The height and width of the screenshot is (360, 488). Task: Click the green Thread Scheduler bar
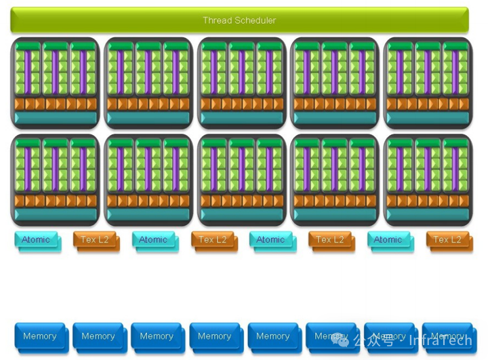pyautogui.click(x=239, y=20)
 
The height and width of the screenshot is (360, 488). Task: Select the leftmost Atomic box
pyautogui.click(x=36, y=240)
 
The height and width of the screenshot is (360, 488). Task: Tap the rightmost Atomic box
pyautogui.click(x=388, y=240)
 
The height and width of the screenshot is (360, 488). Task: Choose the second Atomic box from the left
pyautogui.click(x=153, y=240)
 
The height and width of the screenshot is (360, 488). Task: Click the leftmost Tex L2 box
pyautogui.click(x=95, y=240)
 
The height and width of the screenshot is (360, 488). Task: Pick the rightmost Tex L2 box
pyautogui.click(x=447, y=240)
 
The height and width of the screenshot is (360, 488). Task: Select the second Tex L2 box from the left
pyautogui.click(x=213, y=240)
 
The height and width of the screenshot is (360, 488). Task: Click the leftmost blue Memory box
pyautogui.click(x=39, y=336)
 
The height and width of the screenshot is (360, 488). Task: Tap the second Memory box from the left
pyautogui.click(x=98, y=336)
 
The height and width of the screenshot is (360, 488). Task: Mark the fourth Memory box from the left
pyautogui.click(x=214, y=336)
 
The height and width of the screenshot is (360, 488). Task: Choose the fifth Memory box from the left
pyautogui.click(x=272, y=336)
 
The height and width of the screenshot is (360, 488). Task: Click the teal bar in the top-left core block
pyautogui.click(x=55, y=118)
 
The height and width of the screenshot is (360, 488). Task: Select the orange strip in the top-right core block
pyautogui.click(x=428, y=104)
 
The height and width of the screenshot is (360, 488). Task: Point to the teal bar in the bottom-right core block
pyautogui.click(x=428, y=215)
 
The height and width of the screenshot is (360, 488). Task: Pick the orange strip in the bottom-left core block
pyautogui.click(x=55, y=201)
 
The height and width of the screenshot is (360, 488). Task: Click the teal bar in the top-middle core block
pyautogui.click(x=241, y=118)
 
